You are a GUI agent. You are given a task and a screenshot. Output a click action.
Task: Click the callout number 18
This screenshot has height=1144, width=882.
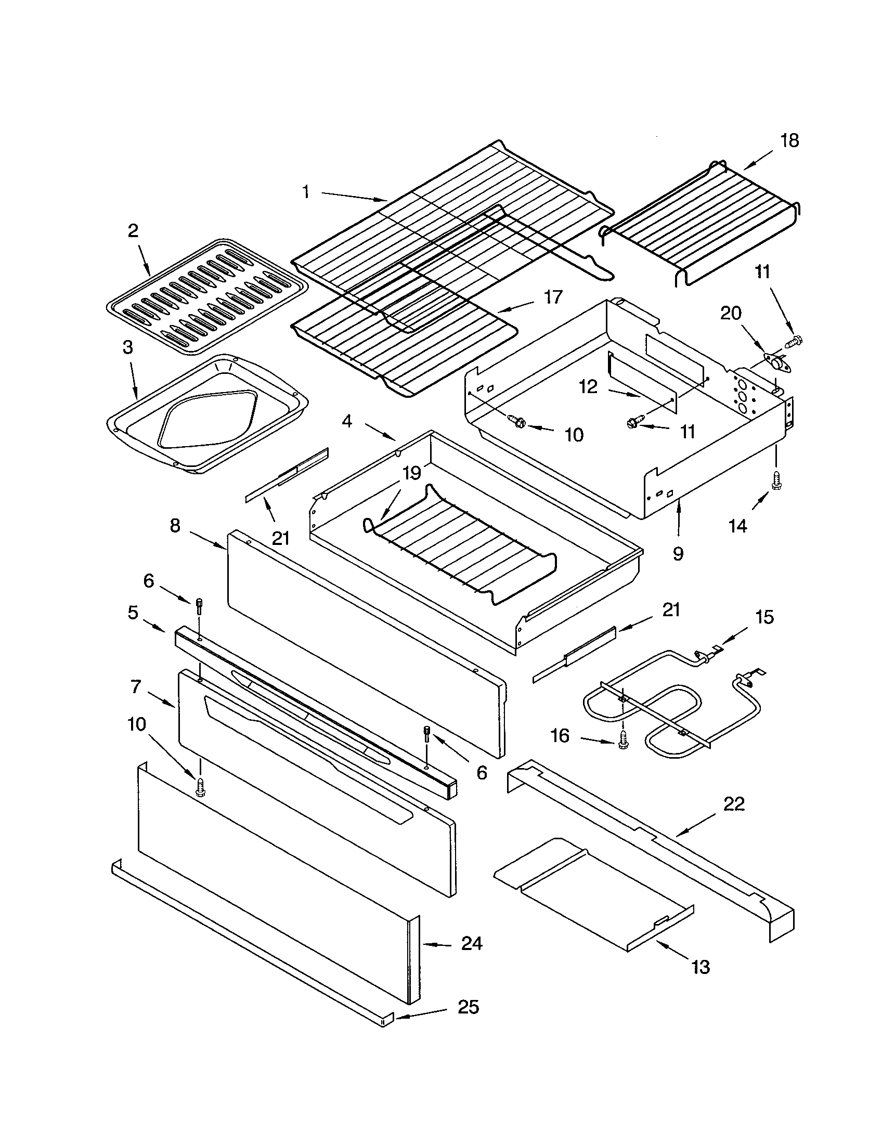(x=789, y=140)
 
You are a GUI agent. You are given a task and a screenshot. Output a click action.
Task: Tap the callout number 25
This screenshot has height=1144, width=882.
(x=468, y=1007)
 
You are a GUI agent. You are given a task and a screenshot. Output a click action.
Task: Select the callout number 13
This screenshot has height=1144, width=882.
(x=701, y=967)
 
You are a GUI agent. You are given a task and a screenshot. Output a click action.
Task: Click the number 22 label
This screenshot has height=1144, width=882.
(x=734, y=803)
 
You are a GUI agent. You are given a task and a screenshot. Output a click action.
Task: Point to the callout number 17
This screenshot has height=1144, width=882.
(x=553, y=297)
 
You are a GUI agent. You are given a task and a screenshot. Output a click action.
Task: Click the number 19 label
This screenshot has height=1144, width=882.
(x=412, y=473)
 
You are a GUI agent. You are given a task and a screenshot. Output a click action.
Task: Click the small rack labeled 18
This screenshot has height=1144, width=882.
(x=702, y=225)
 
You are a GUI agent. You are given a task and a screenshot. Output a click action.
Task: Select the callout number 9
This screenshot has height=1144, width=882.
(x=678, y=554)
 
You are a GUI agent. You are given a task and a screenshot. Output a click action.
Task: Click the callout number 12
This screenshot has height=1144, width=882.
(x=588, y=387)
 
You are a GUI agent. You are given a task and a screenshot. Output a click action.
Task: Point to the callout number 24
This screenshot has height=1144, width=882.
(x=471, y=943)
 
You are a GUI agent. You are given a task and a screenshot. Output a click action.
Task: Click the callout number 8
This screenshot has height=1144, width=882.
(x=175, y=525)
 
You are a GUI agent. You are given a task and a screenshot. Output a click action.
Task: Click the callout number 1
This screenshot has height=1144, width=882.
(x=305, y=192)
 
